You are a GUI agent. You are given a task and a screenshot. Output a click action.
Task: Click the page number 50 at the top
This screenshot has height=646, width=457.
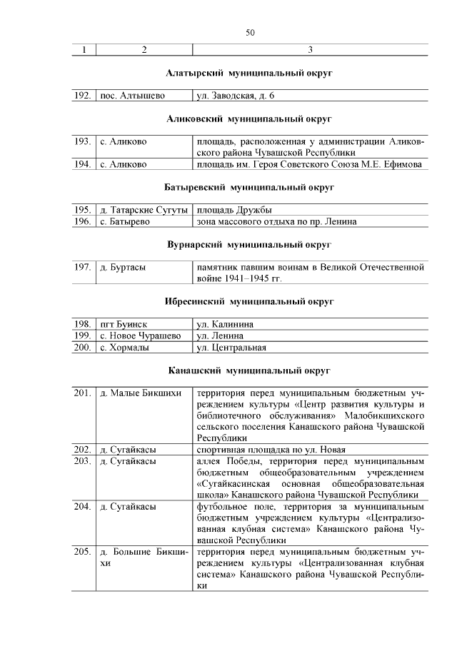[x=250, y=34]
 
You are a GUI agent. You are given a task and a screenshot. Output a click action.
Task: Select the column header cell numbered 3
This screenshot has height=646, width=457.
[x=310, y=50]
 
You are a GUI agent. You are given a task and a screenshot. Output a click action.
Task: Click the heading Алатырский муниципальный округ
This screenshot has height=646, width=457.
[x=250, y=73]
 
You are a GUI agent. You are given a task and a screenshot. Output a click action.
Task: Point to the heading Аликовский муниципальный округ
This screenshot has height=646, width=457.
[x=250, y=118]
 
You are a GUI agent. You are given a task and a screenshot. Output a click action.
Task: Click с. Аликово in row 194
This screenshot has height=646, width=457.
[x=124, y=164]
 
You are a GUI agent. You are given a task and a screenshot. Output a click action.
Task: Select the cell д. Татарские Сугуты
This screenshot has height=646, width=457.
[x=144, y=210]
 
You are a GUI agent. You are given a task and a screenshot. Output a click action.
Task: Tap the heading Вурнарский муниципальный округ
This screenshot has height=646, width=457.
[x=250, y=244]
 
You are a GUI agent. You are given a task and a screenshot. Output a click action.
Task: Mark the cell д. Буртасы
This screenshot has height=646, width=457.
[x=123, y=267]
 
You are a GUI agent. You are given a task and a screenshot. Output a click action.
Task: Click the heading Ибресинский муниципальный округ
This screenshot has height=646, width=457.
[x=250, y=301]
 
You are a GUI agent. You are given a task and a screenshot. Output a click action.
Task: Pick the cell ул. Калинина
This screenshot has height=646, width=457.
[x=225, y=324]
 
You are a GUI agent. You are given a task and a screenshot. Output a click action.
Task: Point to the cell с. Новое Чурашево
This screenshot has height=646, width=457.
[x=140, y=335]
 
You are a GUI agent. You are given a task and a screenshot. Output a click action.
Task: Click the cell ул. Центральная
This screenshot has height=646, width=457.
[x=231, y=348]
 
